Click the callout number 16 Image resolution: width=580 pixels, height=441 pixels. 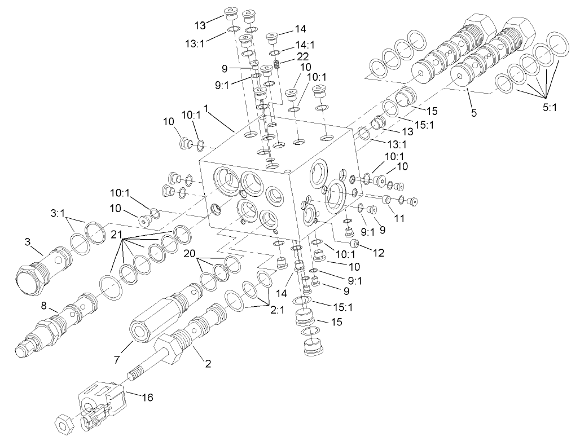point(147,398)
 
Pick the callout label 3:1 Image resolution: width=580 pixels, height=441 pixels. point(58,214)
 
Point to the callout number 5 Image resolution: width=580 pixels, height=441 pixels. point(474,112)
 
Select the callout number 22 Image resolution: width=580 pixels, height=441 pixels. point(302,58)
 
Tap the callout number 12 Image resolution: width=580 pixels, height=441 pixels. point(378,254)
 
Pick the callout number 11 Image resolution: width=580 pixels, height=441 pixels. point(400,218)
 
